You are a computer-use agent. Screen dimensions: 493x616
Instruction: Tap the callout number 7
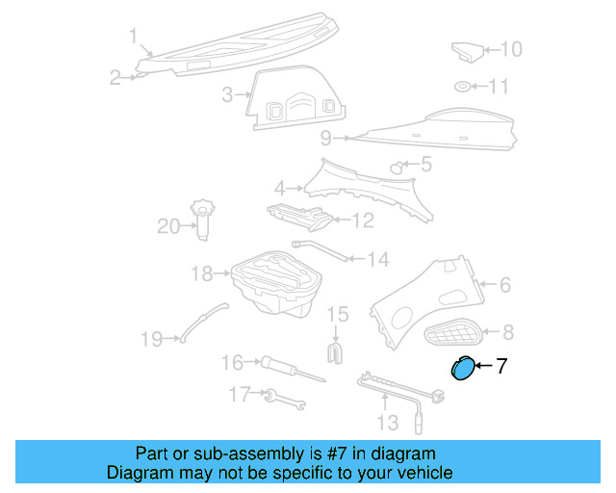[x=500, y=366]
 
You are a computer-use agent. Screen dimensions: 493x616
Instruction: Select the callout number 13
[x=386, y=422]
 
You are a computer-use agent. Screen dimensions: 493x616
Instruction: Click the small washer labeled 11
[x=463, y=87]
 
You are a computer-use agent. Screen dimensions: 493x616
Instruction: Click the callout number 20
[x=169, y=227]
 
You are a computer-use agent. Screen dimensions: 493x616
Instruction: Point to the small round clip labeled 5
[x=396, y=168]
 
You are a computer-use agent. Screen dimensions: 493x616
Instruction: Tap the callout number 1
[x=134, y=37]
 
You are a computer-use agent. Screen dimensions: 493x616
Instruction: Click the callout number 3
[x=228, y=94]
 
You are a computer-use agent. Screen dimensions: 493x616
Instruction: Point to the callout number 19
[x=152, y=339]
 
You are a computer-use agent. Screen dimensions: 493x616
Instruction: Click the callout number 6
[x=504, y=284]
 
